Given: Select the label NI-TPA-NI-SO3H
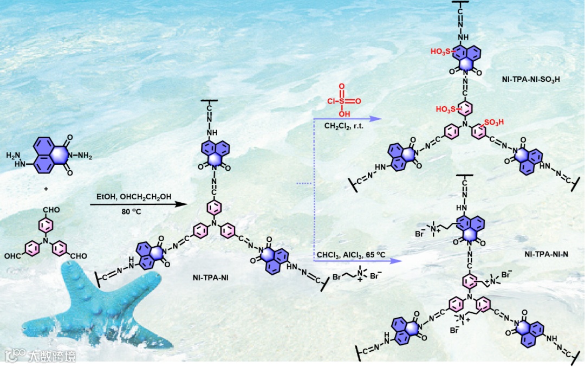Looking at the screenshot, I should pos(530,79).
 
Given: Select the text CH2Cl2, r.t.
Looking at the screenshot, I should pos(345,126).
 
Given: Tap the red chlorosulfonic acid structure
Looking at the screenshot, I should pos(342,100).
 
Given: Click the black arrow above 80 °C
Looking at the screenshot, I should pos(136,204).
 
